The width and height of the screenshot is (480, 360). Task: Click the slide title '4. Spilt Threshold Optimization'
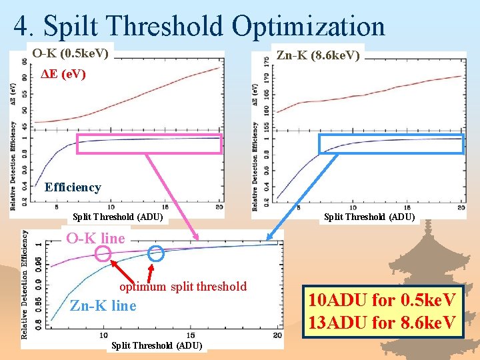coord(199,27)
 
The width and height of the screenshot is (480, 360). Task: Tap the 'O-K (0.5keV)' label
coord(71,52)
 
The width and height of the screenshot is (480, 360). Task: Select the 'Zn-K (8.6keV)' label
coord(318,55)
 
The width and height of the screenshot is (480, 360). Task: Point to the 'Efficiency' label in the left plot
coord(73,187)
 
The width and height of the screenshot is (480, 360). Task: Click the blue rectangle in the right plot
coord(391,144)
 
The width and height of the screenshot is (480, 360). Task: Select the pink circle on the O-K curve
coord(103,253)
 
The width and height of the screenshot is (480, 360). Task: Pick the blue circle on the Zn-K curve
coord(155,253)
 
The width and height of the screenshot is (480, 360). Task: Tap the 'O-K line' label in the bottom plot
coord(95,238)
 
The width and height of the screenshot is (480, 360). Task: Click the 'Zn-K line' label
coord(103,306)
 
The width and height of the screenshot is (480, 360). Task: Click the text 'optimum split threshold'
coord(183,287)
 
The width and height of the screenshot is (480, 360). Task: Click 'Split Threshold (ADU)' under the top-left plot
coord(117,217)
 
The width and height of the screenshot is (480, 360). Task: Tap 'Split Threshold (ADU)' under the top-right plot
coord(369,217)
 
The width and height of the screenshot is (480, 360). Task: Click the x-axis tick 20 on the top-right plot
coord(461,208)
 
